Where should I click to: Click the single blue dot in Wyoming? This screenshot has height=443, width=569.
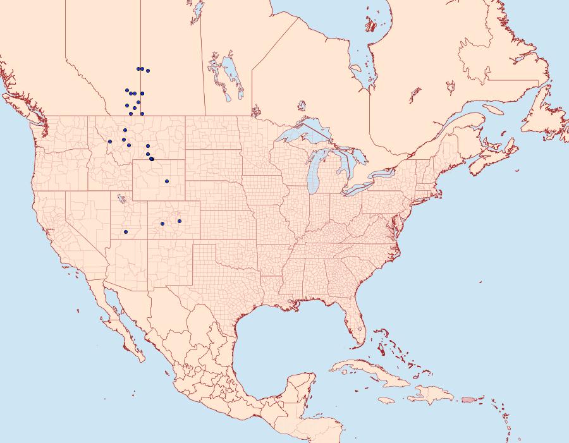tap(167, 181)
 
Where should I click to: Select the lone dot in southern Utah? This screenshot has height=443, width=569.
tap(126, 232)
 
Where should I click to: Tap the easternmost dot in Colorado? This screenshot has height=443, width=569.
tap(180, 221)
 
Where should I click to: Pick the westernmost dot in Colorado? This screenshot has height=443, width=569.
tap(162, 224)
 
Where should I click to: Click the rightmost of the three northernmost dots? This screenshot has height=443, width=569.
tap(148, 70)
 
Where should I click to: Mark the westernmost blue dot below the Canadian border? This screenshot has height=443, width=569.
tap(110, 142)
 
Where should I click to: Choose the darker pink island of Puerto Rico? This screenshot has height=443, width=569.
tap(468, 399)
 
